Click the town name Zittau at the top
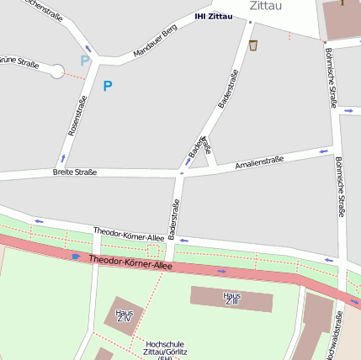pos(266,6)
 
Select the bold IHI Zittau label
pos(213,16)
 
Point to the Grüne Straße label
pos(18,61)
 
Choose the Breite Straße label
pos(74,172)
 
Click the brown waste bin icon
pos(253,45)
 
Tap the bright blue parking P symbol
pos(107,85)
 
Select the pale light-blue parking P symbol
pos(84,61)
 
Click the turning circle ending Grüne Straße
pos(57,71)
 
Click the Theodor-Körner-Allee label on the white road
pos(129,232)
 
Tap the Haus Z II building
pos(231,298)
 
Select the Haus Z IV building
pos(125,315)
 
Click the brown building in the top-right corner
pos(342,19)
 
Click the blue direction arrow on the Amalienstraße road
pos(325,151)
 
